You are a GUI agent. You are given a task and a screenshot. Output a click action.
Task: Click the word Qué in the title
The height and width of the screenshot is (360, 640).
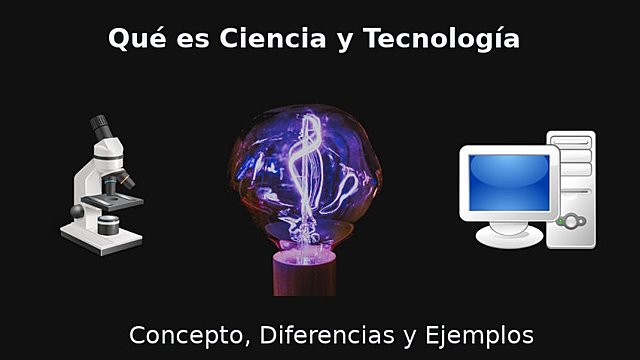133,39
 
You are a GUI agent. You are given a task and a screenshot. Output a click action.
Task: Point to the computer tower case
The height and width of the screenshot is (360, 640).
575,190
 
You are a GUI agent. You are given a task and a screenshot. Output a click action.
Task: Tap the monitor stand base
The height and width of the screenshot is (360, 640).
511,237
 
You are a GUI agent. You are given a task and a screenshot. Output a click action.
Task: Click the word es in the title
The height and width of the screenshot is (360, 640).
187,39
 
